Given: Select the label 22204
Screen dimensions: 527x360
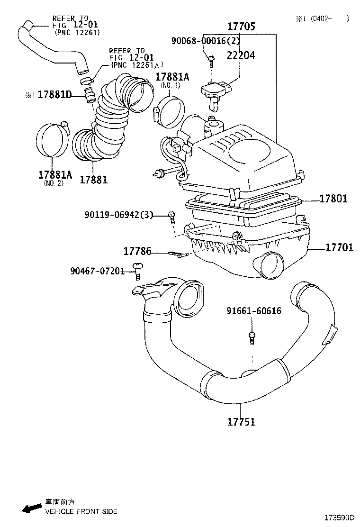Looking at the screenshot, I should (241, 55).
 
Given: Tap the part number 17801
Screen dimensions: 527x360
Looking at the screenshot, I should (333, 199).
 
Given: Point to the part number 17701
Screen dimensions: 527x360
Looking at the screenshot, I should (339, 247).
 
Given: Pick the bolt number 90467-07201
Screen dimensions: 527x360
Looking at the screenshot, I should (97, 271).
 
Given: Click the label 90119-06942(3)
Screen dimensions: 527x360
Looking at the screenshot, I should (119, 215).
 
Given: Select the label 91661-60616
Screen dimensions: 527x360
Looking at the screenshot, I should (253, 311).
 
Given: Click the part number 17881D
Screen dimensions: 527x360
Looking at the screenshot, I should (54, 95).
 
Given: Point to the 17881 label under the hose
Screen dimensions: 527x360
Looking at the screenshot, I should (93, 180).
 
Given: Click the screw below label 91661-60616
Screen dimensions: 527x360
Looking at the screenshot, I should (252, 337).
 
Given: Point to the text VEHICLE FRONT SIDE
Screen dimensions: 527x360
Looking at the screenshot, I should (81, 511).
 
